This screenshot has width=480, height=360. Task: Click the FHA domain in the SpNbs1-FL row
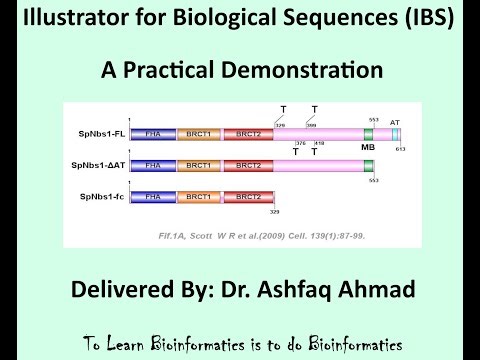pyautogui.click(x=153, y=132)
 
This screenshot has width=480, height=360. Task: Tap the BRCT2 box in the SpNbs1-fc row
pyautogui.click(x=249, y=197)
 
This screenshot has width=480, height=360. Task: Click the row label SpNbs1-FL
pyautogui.click(x=103, y=132)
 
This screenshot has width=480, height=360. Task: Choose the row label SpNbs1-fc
pyautogui.click(x=103, y=197)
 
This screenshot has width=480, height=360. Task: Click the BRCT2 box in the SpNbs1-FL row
pyautogui.click(x=249, y=132)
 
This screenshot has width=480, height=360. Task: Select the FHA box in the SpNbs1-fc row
pyautogui.click(x=153, y=197)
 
